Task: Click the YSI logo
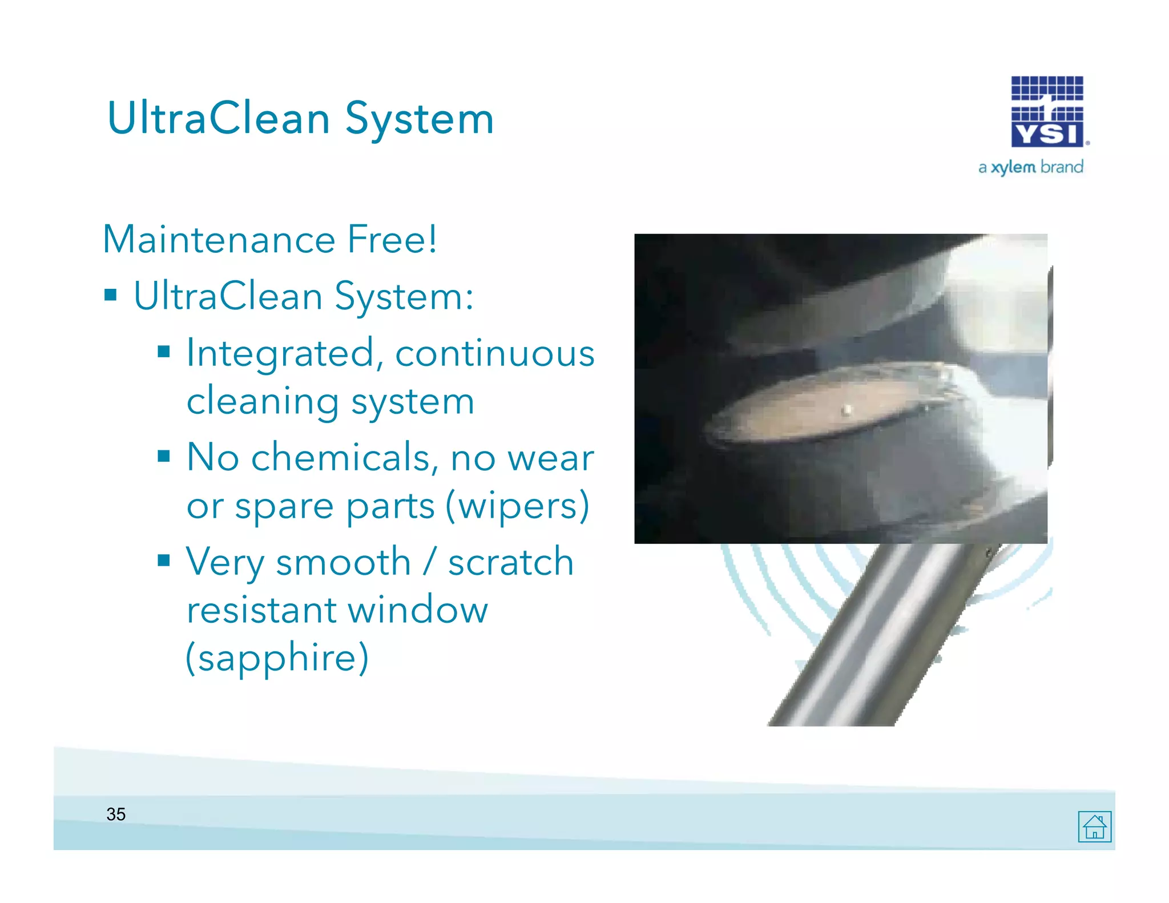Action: click(1047, 112)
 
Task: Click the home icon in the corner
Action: click(1094, 826)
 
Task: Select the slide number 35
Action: click(116, 814)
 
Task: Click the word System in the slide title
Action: click(420, 119)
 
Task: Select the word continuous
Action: click(495, 353)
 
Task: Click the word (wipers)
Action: click(517, 506)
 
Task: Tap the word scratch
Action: click(511, 562)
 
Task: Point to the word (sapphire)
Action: click(277, 658)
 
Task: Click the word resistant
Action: click(261, 610)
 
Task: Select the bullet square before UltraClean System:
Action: click(111, 295)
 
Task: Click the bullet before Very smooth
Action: click(164, 561)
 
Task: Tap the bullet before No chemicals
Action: click(164, 456)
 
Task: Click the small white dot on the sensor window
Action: click(847, 409)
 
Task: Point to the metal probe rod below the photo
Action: click(873, 634)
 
